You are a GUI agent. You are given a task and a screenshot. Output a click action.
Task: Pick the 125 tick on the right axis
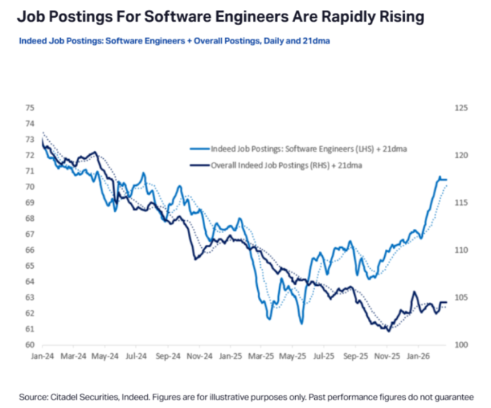point(461,107)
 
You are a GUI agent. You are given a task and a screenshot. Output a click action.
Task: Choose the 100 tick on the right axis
point(461,345)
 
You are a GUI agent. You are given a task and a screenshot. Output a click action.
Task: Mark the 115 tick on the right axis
point(461,202)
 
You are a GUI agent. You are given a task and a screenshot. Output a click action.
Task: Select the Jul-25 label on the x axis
point(324,355)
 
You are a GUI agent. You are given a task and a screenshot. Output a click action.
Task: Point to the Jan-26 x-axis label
point(418,355)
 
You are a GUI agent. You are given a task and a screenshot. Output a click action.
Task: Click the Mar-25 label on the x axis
point(262,355)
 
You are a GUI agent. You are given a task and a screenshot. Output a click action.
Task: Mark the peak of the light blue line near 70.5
point(439,177)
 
